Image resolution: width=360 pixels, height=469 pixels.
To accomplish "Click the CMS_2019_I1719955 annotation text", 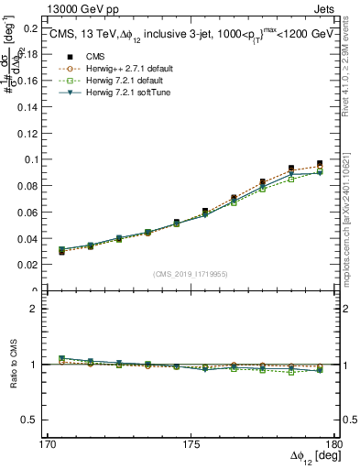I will point(191,273).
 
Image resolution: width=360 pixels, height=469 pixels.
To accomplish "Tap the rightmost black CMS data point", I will point(320,163).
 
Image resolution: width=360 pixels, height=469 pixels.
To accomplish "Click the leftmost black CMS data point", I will point(61,251).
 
